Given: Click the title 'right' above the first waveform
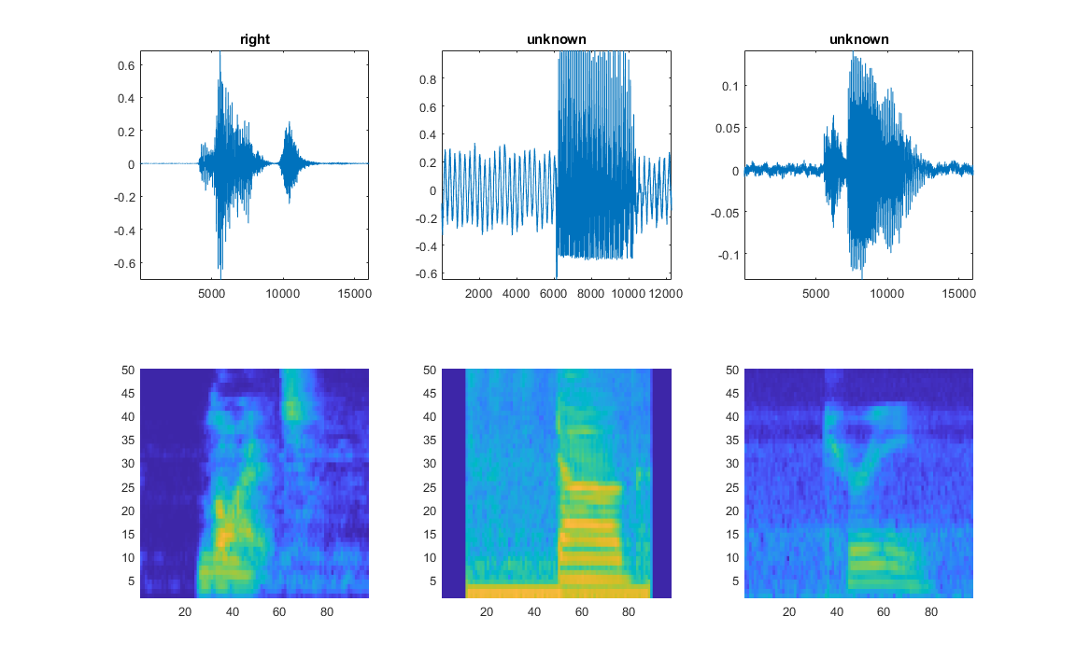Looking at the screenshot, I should (x=254, y=39).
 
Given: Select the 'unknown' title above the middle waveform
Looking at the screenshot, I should (x=557, y=39).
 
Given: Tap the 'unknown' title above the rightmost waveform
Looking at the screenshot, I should (x=858, y=39).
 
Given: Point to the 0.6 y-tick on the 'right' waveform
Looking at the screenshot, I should (x=125, y=65).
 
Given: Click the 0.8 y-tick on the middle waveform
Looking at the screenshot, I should (x=427, y=79).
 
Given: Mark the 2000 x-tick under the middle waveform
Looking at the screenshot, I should (x=478, y=293).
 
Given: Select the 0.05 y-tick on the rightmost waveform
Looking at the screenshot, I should (x=725, y=128).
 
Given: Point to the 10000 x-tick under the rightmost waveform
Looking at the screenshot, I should (x=886, y=293).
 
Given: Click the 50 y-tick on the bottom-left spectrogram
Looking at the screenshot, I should (x=129, y=370).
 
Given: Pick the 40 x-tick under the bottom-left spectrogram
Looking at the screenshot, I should (x=232, y=612).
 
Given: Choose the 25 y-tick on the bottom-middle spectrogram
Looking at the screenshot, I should (x=432, y=487).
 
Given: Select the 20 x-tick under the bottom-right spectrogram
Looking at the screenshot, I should (x=789, y=612).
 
